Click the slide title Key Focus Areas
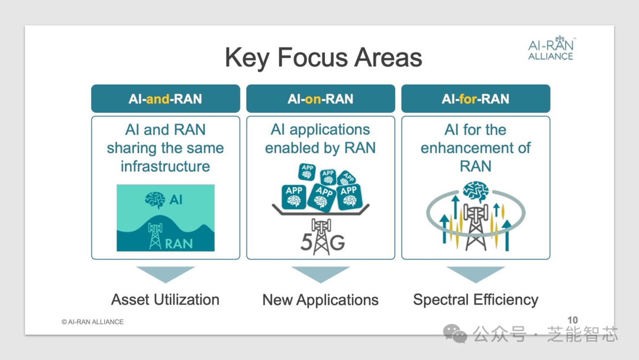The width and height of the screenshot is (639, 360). [323, 57]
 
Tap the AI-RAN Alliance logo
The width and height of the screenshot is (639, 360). [551, 49]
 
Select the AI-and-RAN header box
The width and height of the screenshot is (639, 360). [166, 99]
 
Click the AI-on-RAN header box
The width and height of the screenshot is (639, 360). [320, 99]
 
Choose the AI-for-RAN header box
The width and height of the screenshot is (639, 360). [476, 99]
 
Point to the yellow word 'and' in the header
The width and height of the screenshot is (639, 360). [158, 99]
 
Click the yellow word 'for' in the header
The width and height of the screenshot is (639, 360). [468, 99]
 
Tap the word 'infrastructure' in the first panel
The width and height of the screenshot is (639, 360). [165, 166]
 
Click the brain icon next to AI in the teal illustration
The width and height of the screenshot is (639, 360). [155, 200]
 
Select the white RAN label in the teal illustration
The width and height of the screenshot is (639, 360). [179, 243]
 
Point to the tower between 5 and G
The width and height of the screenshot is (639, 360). [321, 236]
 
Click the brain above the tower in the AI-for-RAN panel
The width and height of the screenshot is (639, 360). [476, 192]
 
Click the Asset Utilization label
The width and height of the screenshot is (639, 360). [165, 300]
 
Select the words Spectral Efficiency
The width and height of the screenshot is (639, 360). [476, 300]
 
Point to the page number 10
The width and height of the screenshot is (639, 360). [573, 320]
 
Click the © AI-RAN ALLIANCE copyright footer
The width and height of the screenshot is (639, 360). [92, 322]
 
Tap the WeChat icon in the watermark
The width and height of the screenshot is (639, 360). [455, 333]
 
